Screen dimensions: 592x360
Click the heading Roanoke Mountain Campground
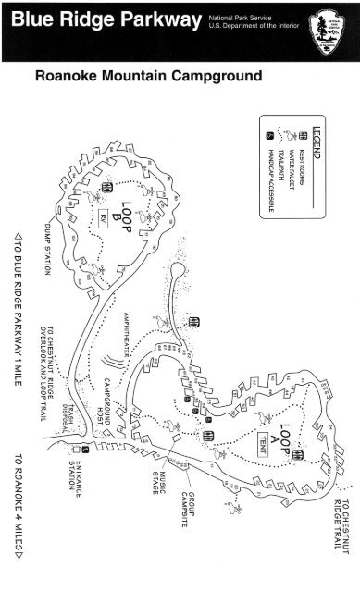[x=148, y=76]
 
